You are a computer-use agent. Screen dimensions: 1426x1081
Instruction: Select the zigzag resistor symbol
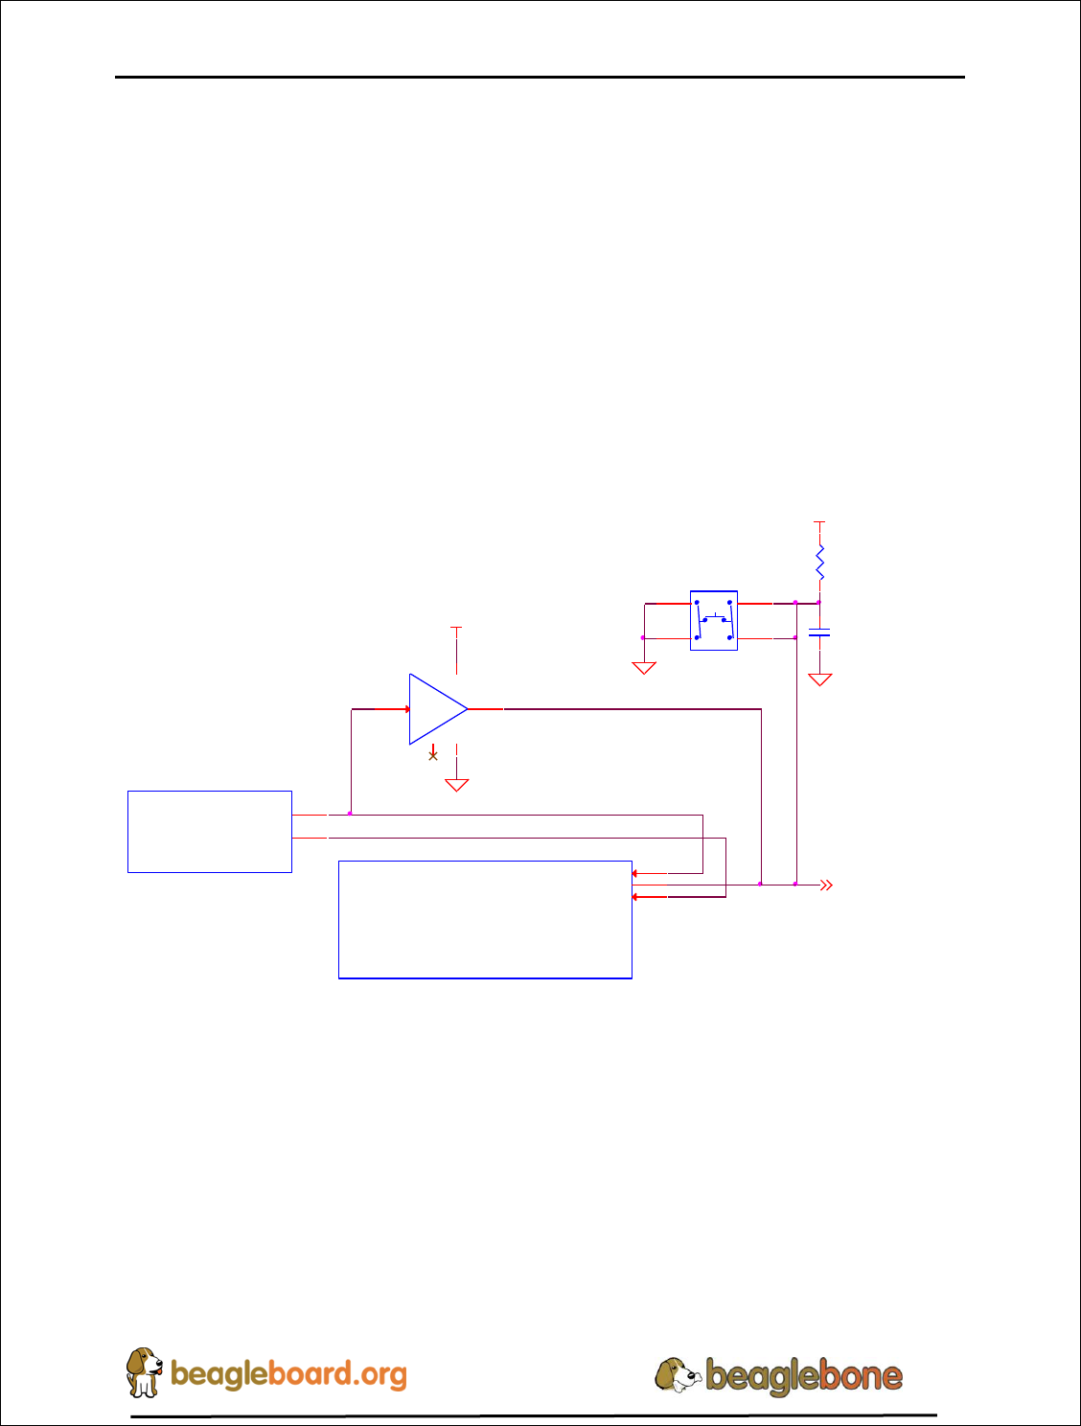click(x=819, y=563)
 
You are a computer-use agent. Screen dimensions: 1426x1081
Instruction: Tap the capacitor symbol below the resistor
click(x=819, y=632)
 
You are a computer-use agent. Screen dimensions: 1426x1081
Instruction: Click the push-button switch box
click(x=714, y=620)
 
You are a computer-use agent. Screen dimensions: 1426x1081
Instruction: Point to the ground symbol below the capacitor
click(x=819, y=679)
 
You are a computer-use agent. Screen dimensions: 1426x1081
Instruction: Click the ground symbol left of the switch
click(x=644, y=667)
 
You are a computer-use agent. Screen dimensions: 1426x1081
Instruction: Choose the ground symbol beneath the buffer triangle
click(x=457, y=785)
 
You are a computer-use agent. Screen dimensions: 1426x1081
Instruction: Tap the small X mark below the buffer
click(x=433, y=756)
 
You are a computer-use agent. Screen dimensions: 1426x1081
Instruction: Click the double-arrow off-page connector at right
click(x=826, y=885)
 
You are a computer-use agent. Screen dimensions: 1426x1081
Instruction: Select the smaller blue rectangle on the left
click(x=210, y=832)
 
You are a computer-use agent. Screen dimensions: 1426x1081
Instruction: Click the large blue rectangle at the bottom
click(x=485, y=920)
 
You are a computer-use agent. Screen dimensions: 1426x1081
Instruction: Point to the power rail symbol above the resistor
click(x=819, y=523)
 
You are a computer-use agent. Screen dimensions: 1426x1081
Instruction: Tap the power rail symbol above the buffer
click(x=457, y=629)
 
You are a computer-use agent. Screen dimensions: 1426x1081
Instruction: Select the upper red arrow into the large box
click(x=635, y=874)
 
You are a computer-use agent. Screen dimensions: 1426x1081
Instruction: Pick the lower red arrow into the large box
click(x=635, y=897)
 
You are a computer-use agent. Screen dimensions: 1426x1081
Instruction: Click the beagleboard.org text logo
click(x=288, y=1374)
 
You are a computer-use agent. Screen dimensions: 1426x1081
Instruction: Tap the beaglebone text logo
click(x=804, y=1376)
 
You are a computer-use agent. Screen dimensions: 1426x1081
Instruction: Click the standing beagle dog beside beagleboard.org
click(x=144, y=1371)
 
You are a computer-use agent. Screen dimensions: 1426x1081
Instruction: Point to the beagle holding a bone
click(x=678, y=1375)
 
